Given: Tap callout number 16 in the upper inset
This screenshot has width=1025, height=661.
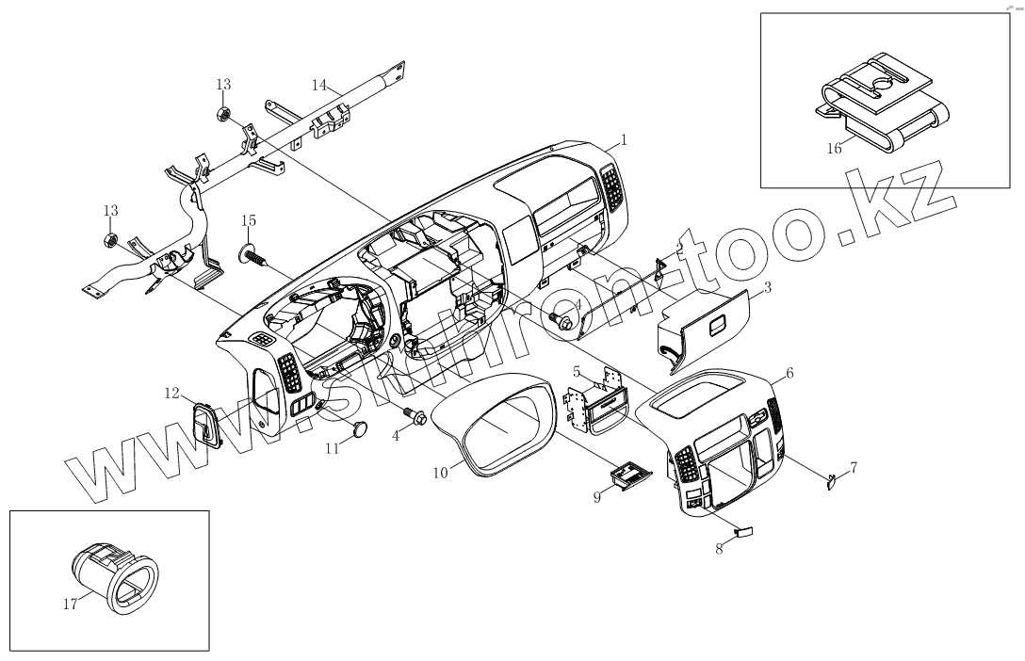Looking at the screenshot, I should pos(835,148).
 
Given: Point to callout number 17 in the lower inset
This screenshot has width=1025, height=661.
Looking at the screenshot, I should pos(70,605).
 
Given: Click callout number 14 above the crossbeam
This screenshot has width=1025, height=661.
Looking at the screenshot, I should pos(319,85).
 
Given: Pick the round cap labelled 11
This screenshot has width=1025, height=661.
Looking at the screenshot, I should pos(357,428).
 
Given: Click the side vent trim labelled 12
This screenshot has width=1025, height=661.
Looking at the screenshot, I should pos(206,426).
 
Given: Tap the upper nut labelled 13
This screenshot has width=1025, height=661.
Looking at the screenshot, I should pos(224,115).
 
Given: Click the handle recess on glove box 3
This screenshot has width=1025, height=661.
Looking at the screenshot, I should pos(717,326).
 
